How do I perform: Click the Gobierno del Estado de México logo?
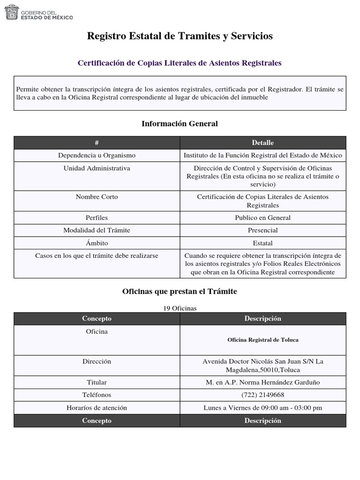tap(39, 12)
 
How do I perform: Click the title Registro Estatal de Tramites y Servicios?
tap(180, 36)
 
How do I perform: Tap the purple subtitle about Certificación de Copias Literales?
tap(180, 63)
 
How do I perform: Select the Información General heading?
tap(180, 124)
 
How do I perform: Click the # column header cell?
tap(97, 142)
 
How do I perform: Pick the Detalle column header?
tap(262, 142)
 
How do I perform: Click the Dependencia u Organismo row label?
tap(97, 155)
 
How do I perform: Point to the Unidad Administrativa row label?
tap(97, 168)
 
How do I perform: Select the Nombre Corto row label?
tap(97, 197)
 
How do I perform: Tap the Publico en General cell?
tap(262, 217)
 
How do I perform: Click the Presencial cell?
tap(262, 230)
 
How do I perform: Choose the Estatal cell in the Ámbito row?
tap(262, 243)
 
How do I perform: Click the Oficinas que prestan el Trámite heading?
tap(180, 292)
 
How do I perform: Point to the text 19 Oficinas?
tap(180, 308)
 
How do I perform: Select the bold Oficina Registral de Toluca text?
tap(262, 340)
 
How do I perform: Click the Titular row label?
tap(97, 382)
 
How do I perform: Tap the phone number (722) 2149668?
tap(262, 395)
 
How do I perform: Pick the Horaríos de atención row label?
tap(97, 408)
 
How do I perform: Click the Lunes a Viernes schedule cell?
tap(262, 408)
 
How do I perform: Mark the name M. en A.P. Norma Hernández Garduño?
tap(262, 382)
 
